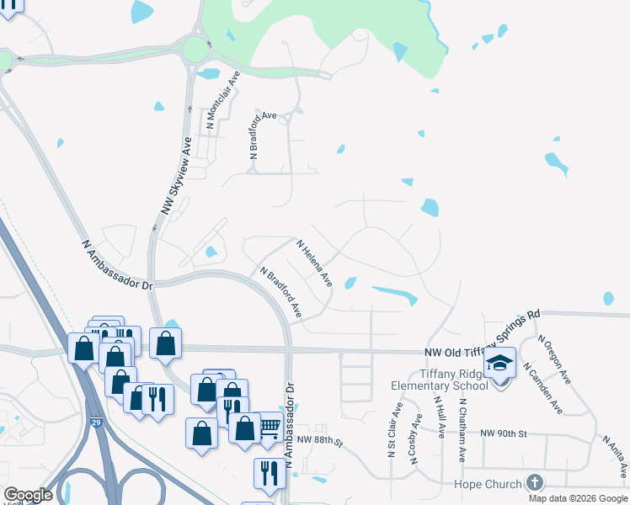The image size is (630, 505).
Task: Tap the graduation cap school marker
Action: tap(499, 364)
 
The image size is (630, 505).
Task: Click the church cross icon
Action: tap(533, 482)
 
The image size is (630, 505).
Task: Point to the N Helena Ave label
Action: tap(314, 263)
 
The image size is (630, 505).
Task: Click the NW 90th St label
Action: tap(503, 433)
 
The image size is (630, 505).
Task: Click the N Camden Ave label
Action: tap(542, 389)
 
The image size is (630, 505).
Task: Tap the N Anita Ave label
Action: tap(614, 454)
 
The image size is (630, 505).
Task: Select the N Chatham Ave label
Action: tap(462, 429)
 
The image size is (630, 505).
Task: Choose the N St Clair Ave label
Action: tap(392, 429)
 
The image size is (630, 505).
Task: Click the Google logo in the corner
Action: tap(28, 495)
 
